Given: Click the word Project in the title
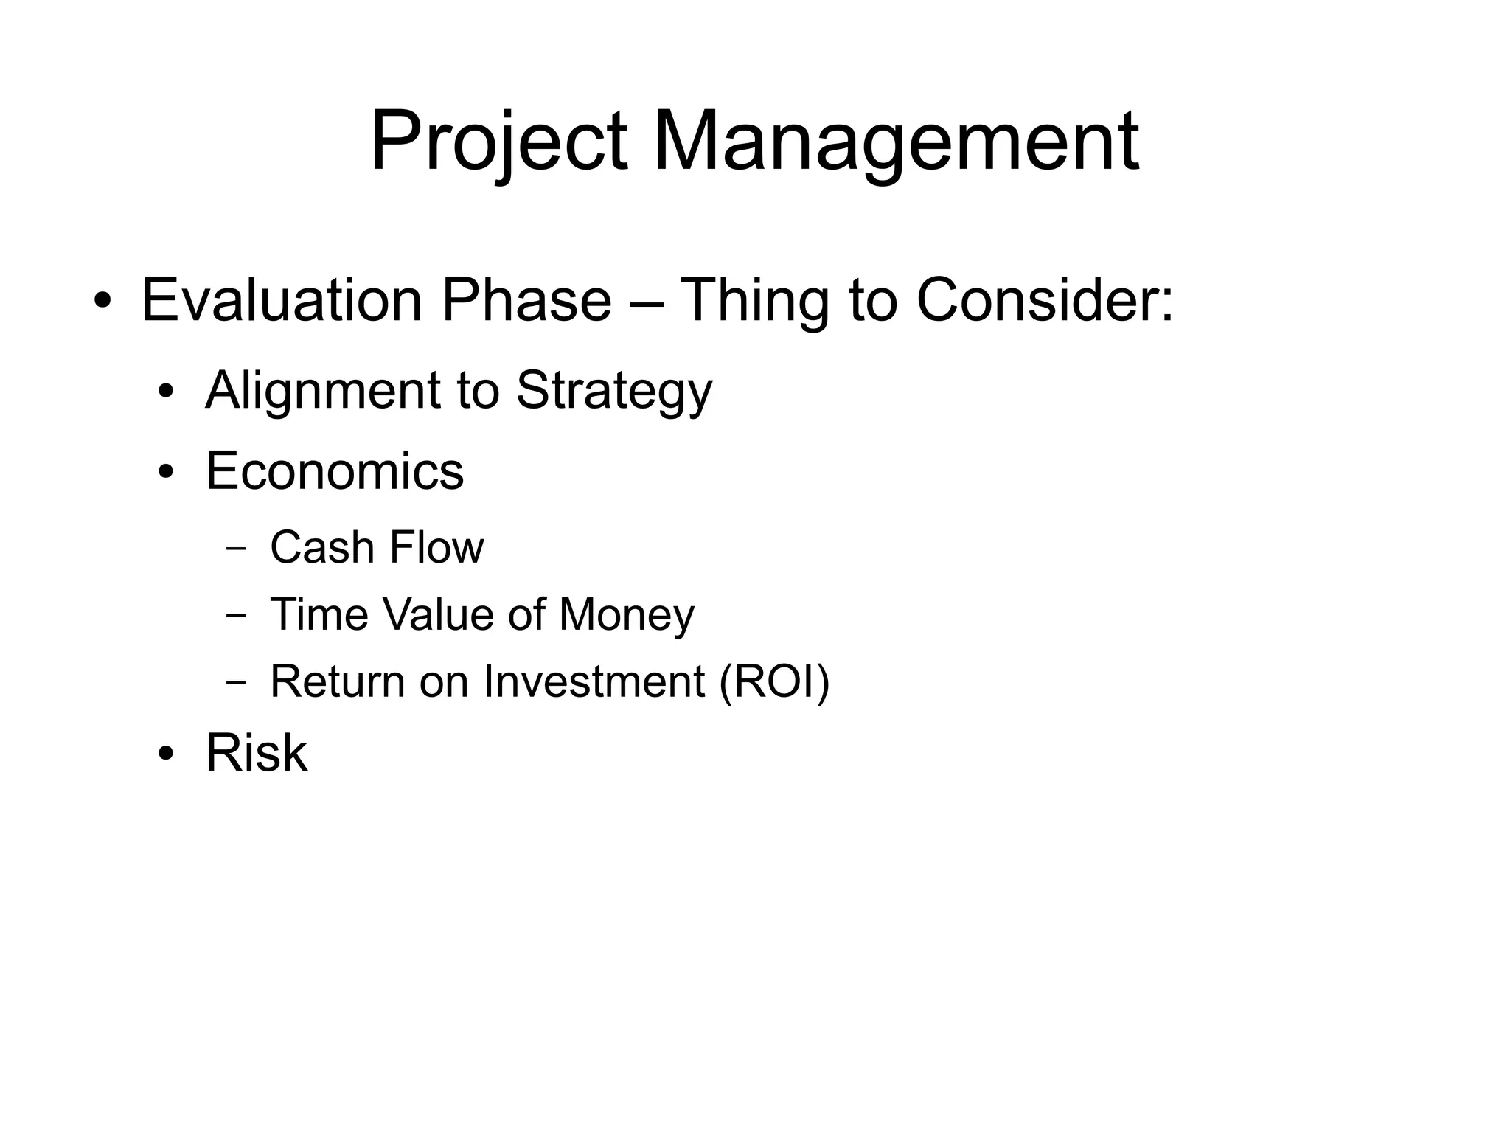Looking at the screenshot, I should (x=498, y=142).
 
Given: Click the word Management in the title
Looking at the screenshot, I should (x=895, y=142).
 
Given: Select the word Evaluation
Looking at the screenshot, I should (x=282, y=300).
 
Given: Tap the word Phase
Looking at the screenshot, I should (x=526, y=300).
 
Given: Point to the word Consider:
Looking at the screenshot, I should (x=1045, y=300).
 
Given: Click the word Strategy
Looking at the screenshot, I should (x=614, y=391).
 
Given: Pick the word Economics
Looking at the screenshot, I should (x=335, y=471).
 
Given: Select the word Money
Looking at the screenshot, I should (x=627, y=614).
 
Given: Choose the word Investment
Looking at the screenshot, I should (x=594, y=681).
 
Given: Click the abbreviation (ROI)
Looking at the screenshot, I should (x=774, y=681).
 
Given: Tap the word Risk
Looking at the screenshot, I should (x=256, y=753).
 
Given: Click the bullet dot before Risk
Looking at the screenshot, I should (x=166, y=754).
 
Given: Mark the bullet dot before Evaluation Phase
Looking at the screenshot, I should (x=102, y=302).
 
